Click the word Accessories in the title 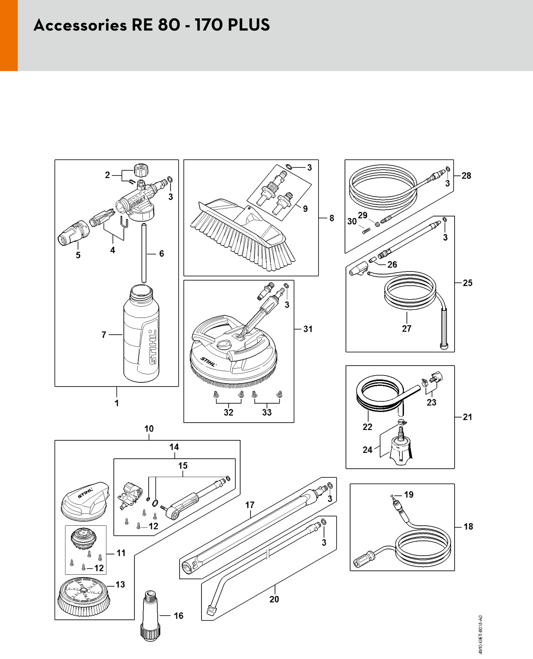[x=80, y=25]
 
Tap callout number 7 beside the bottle [x=104, y=334]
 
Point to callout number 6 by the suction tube [x=161, y=253]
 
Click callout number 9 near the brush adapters [x=305, y=209]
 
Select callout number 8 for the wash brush [x=332, y=218]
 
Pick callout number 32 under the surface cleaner [x=228, y=412]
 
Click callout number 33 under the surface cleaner [x=267, y=412]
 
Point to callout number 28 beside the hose [x=466, y=176]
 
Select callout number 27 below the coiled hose [x=407, y=328]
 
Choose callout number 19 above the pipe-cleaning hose [x=409, y=495]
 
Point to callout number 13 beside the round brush [x=120, y=584]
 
